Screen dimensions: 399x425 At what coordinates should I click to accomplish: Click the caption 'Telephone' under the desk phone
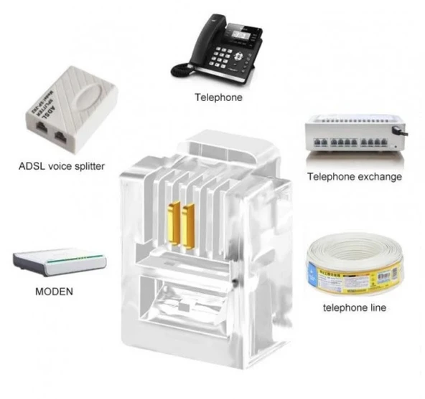pyautogui.click(x=218, y=97)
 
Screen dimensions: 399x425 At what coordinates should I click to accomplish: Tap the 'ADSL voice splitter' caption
pyautogui.click(x=62, y=166)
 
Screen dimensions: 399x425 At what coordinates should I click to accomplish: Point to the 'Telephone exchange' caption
pyautogui.click(x=354, y=177)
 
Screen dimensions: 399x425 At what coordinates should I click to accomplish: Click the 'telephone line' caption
pyautogui.click(x=354, y=307)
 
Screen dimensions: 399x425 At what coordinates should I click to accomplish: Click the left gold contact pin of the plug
pyautogui.click(x=173, y=223)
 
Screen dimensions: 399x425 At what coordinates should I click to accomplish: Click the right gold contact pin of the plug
pyautogui.click(x=189, y=223)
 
